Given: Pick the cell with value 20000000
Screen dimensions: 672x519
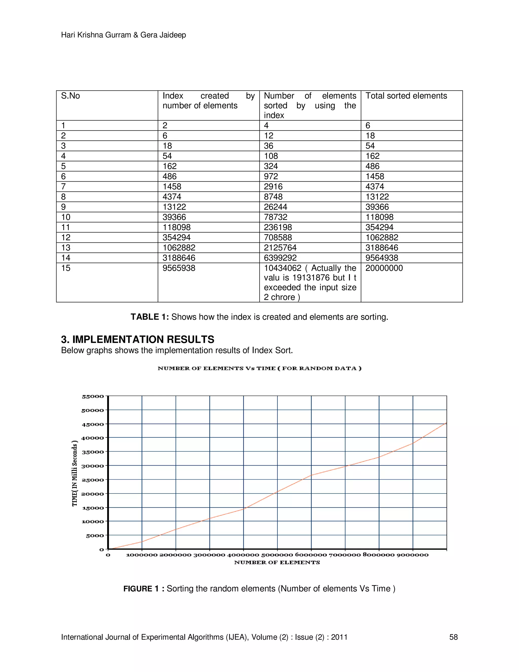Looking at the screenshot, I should pyautogui.click(x=384, y=268).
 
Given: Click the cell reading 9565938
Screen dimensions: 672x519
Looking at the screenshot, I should pyautogui.click(x=179, y=268).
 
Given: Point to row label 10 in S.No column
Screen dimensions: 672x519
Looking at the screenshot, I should pyautogui.click(x=66, y=217).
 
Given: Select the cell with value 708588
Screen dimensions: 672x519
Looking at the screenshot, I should pyautogui.click(x=278, y=238).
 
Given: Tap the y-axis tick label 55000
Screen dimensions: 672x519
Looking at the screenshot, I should pyautogui.click(x=93, y=396).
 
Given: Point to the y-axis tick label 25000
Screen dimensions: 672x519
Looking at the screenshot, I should pyautogui.click(x=93, y=480).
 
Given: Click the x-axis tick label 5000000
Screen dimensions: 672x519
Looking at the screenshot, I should pyautogui.click(x=277, y=555).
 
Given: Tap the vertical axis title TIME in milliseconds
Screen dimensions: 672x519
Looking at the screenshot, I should pyautogui.click(x=75, y=473).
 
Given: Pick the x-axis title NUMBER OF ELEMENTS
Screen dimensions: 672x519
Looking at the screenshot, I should pyautogui.click(x=277, y=562).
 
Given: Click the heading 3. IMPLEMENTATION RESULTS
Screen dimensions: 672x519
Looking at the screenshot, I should pyautogui.click(x=137, y=339).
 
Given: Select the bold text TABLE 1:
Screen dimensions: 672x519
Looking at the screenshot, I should pyautogui.click(x=150, y=317).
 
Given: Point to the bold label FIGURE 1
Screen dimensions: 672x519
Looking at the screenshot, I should pyautogui.click(x=141, y=589).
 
